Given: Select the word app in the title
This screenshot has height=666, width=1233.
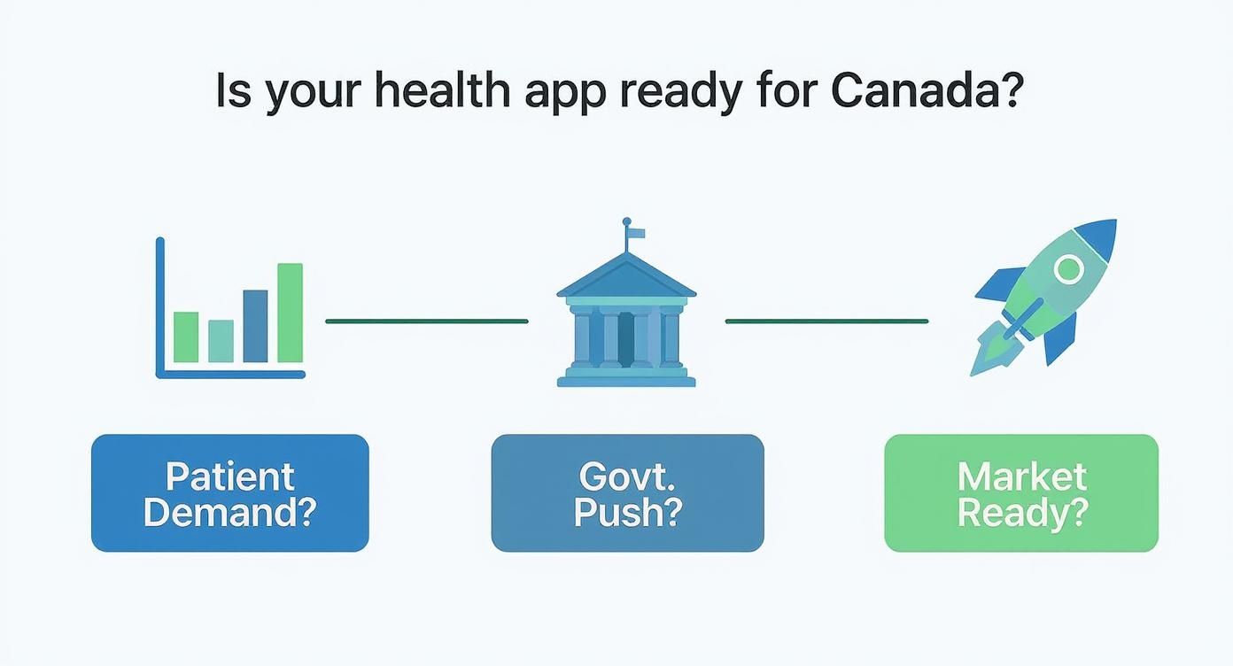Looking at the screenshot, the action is coord(565,95).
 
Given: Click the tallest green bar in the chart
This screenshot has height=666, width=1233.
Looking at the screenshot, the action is coord(290,313).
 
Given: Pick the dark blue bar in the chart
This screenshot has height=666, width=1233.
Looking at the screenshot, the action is coord(255,326).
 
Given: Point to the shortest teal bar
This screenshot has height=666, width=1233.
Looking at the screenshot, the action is coord(221,341).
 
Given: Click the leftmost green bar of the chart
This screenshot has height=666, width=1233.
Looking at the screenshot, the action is coord(186,337).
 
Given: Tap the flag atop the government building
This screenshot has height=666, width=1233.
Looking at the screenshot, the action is coord(636,234).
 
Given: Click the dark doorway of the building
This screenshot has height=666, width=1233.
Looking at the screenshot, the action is coord(626,339).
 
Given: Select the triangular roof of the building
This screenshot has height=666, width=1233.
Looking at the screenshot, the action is coord(626,275).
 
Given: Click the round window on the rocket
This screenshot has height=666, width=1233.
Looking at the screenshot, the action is coord(1069,269).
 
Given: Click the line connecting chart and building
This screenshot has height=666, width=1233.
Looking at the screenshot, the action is coord(427,321).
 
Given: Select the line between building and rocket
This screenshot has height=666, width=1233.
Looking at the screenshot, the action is coord(826,321).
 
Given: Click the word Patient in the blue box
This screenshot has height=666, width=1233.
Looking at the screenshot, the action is coord(230,476).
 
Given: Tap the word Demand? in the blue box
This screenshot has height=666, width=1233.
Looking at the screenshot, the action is coord(230,512).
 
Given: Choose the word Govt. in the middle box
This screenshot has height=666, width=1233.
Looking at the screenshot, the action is coord(627,476).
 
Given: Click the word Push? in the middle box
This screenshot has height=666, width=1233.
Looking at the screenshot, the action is coord(628,513).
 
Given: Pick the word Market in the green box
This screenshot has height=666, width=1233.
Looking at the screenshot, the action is coord(1022,476).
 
